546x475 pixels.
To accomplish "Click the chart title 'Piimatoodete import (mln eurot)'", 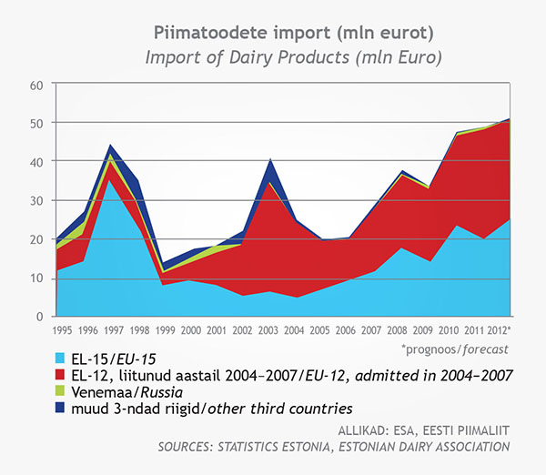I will [273, 34].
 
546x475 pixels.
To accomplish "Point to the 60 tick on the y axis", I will [36, 85].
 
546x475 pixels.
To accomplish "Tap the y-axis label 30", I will [36, 200].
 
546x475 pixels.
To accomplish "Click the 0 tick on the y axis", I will [40, 316].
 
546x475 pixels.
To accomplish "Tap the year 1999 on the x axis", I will [163, 329].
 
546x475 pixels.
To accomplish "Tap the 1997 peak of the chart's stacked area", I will [110, 145].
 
